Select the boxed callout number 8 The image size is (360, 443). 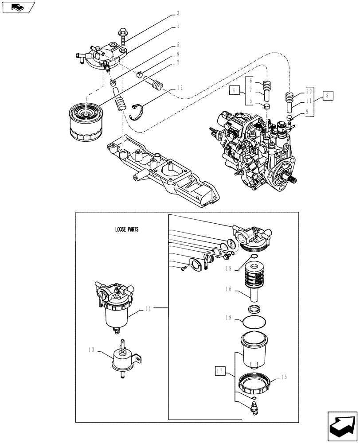coord(328,95)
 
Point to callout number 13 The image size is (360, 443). coord(92,350)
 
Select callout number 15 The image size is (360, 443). coord(283,377)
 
